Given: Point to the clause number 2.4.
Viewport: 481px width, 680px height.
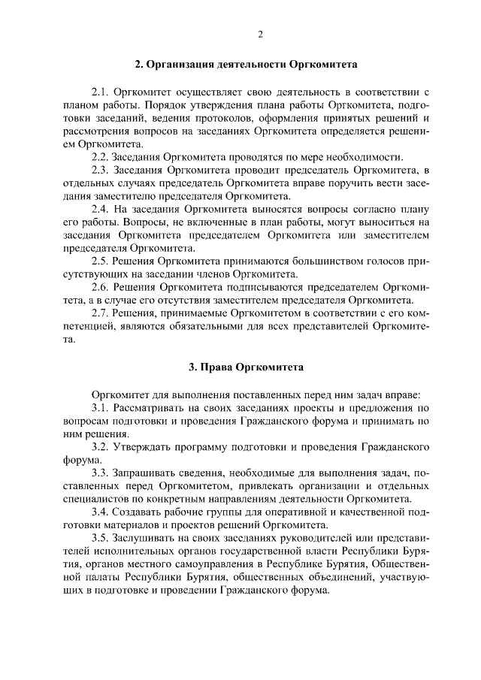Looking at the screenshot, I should point(100,208).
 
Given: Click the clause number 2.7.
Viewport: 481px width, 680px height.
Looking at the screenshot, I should point(100,314).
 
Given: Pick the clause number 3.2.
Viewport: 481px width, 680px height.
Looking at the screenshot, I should point(101,446).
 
